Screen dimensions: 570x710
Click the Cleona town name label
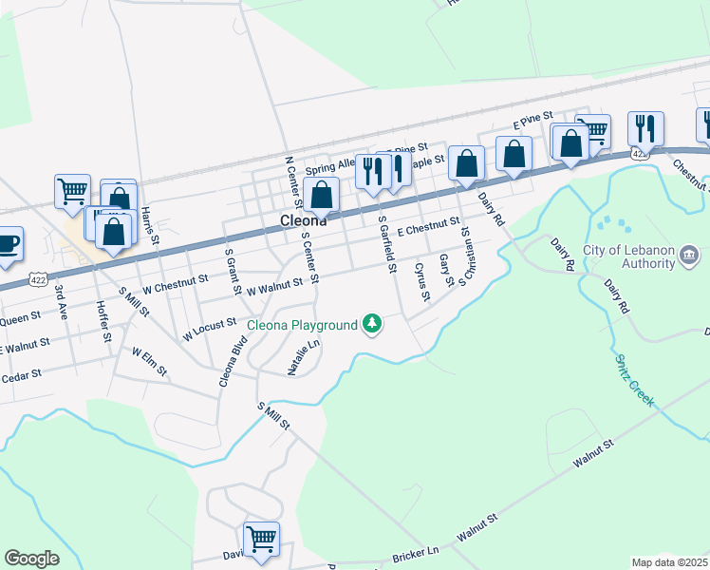tap(304, 220)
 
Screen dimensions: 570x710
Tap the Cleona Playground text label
tap(303, 325)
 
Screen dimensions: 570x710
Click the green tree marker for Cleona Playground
tap(374, 324)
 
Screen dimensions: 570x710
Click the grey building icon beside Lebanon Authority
tap(690, 256)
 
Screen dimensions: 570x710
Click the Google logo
tap(31, 559)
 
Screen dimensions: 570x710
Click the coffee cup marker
tap(9, 243)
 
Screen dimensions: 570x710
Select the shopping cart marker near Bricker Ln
tap(262, 539)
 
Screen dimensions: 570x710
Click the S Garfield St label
tap(385, 244)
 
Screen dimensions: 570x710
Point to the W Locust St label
tap(209, 331)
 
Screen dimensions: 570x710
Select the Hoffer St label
tap(103, 321)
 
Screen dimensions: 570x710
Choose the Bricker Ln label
tap(419, 551)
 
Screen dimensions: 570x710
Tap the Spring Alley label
tap(328, 163)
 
